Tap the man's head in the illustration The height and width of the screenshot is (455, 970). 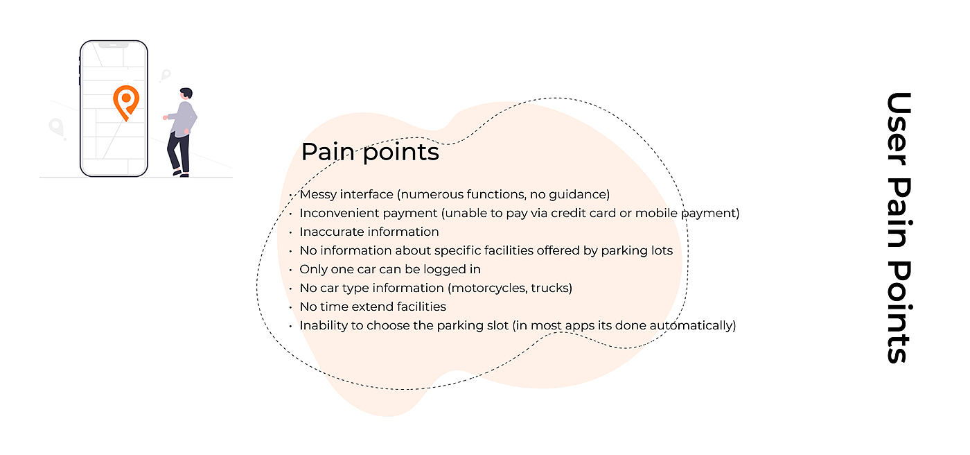click(186, 94)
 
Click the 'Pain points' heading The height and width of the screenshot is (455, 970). click(370, 152)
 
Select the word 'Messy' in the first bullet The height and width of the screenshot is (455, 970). click(318, 195)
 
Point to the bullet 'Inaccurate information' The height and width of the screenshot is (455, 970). click(369, 232)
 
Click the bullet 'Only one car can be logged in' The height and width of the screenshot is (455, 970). click(389, 269)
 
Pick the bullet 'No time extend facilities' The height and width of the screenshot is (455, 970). click(373, 307)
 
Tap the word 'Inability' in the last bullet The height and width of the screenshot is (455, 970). click(324, 325)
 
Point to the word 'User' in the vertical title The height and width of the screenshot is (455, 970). click(899, 129)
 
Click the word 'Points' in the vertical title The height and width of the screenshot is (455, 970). click(899, 312)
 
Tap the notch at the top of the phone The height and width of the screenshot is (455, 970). click(114, 44)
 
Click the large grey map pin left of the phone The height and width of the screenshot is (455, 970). click(56, 128)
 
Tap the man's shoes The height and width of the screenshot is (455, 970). click(181, 174)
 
